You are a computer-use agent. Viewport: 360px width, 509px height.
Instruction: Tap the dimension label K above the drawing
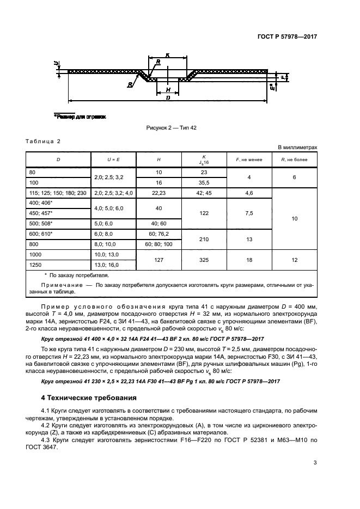coord(168,55)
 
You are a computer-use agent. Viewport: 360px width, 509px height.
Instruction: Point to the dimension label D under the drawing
coord(168,97)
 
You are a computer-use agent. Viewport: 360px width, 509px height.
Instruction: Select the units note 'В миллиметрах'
coord(297,148)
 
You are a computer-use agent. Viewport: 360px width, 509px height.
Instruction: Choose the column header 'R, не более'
coord(294,159)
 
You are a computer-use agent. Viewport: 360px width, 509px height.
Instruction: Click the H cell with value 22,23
coord(158,193)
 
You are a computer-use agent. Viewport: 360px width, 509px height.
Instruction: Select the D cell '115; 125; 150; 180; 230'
coord(59,193)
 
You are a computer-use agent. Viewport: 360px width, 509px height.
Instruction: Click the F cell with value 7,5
coord(249,213)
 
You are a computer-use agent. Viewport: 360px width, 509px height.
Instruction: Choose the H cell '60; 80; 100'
coord(158,245)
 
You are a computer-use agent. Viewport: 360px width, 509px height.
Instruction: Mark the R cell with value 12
coord(294,259)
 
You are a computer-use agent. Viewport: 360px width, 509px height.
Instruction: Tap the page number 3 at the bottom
coord(315,463)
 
